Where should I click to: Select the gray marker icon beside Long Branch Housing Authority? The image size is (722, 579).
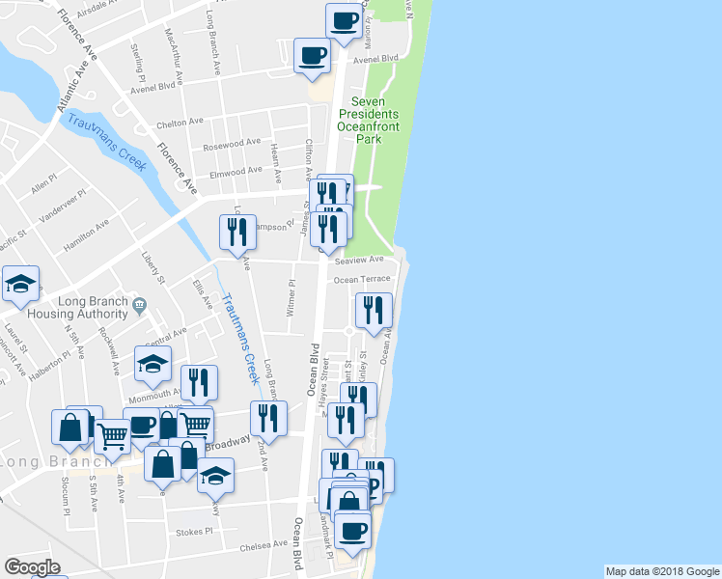coord(142,306)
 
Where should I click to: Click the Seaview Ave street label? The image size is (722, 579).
coord(359,260)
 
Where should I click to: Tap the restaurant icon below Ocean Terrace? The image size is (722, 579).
coord(373,310)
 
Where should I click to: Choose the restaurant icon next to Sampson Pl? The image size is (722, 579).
coord(237,232)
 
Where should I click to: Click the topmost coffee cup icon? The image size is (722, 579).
coord(344,19)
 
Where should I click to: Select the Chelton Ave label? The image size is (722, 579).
coord(180,124)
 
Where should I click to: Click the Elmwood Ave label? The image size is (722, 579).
coord(236,172)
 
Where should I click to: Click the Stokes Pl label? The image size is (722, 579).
coord(194,532)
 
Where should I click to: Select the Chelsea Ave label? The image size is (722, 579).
coord(264,545)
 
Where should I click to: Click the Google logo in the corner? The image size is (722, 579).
coord(32,567)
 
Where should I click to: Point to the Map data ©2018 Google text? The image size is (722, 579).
coord(661,571)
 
